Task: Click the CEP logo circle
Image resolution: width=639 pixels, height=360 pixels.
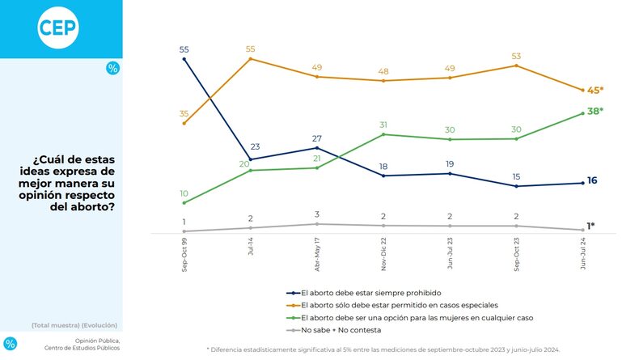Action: pos(58,28)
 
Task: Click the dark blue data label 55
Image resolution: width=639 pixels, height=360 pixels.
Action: pos(184,49)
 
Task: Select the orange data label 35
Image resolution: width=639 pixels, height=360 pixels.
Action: pos(184,113)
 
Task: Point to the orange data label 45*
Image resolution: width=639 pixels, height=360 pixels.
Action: pos(596,90)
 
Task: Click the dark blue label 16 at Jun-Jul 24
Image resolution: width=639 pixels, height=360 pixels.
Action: pos(592,180)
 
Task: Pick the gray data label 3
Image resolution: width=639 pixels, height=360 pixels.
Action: pos(317,214)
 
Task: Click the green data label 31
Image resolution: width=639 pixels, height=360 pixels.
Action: pos(384,125)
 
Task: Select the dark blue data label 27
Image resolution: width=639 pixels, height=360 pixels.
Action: pos(317,138)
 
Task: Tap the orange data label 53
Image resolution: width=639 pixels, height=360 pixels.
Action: pos(518,56)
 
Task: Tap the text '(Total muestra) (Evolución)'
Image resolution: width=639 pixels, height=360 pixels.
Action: pos(75,324)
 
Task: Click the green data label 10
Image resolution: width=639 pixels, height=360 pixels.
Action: pos(184,193)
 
